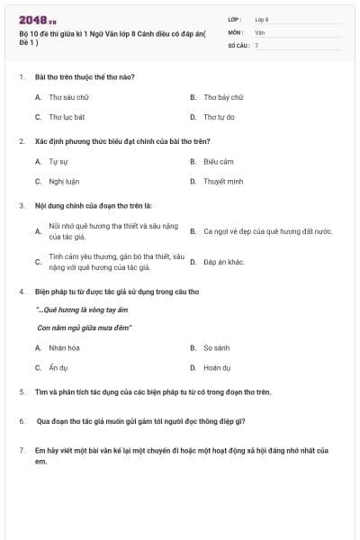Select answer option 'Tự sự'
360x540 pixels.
coord(58,161)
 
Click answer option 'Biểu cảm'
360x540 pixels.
coord(219,161)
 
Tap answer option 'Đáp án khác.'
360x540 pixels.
coord(224,262)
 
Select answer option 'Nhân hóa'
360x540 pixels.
coord(65,347)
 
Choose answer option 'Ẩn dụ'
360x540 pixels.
coord(58,367)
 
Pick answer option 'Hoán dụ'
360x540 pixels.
coord(218,367)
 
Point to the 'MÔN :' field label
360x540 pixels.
coord(236,31)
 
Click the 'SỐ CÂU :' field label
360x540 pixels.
coord(238,44)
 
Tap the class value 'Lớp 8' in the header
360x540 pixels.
coord(262,19)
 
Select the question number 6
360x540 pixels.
coord(22,420)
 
